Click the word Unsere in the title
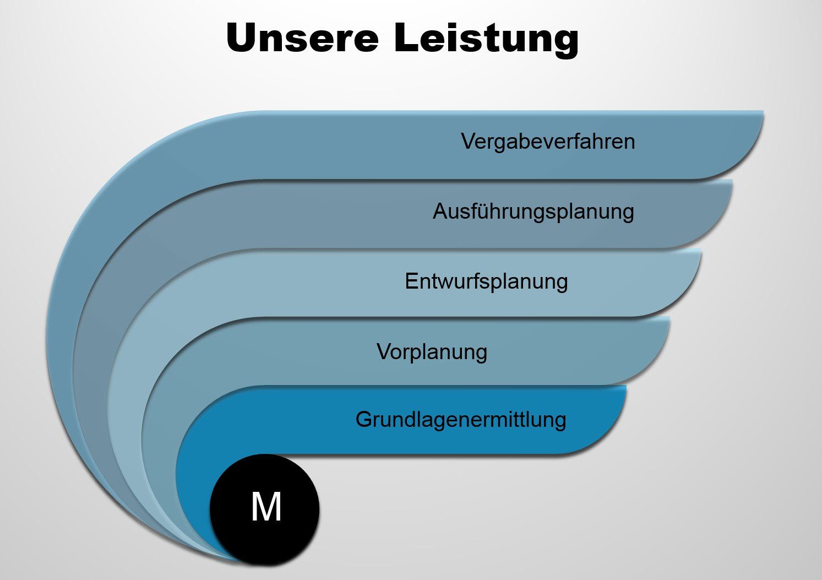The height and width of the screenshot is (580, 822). (x=302, y=38)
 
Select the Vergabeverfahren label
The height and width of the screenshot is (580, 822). (x=548, y=142)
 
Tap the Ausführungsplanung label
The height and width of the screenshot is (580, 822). (x=533, y=212)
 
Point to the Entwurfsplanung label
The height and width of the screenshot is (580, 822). (x=486, y=281)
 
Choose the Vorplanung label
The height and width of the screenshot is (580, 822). (x=432, y=351)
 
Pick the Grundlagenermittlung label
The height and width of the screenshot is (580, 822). (x=461, y=420)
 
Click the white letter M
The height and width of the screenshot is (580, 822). (x=266, y=507)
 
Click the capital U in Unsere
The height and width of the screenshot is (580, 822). (x=241, y=38)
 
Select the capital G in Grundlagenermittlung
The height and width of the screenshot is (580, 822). (x=363, y=420)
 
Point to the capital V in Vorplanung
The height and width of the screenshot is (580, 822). (x=384, y=351)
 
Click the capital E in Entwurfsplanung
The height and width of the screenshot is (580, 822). (x=411, y=281)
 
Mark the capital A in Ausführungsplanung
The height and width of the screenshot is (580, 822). (x=439, y=212)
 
